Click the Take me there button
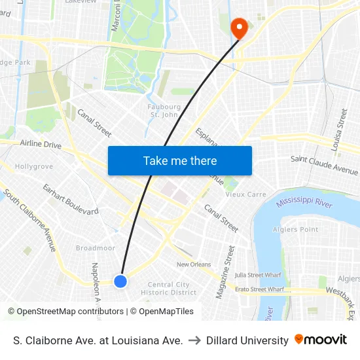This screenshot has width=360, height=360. tap(180, 160)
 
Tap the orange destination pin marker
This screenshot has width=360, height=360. tap(239, 28)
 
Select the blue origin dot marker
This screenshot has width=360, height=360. tap(120, 281)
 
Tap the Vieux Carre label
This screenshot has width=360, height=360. tap(245, 194)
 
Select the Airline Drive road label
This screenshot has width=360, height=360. tap(41, 144)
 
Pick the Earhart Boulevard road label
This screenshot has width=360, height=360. tap(71, 199)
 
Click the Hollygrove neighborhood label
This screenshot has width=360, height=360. tap(34, 167)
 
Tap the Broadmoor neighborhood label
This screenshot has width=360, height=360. tap(96, 248)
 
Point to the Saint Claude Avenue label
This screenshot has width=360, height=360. tap(324, 164)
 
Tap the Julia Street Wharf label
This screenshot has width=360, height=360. tap(259, 276)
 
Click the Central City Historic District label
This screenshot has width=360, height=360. tap(168, 289)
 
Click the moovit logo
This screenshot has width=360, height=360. tap(321, 340)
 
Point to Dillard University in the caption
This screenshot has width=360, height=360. tap(247, 340)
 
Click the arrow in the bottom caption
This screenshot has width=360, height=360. tap(194, 340)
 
